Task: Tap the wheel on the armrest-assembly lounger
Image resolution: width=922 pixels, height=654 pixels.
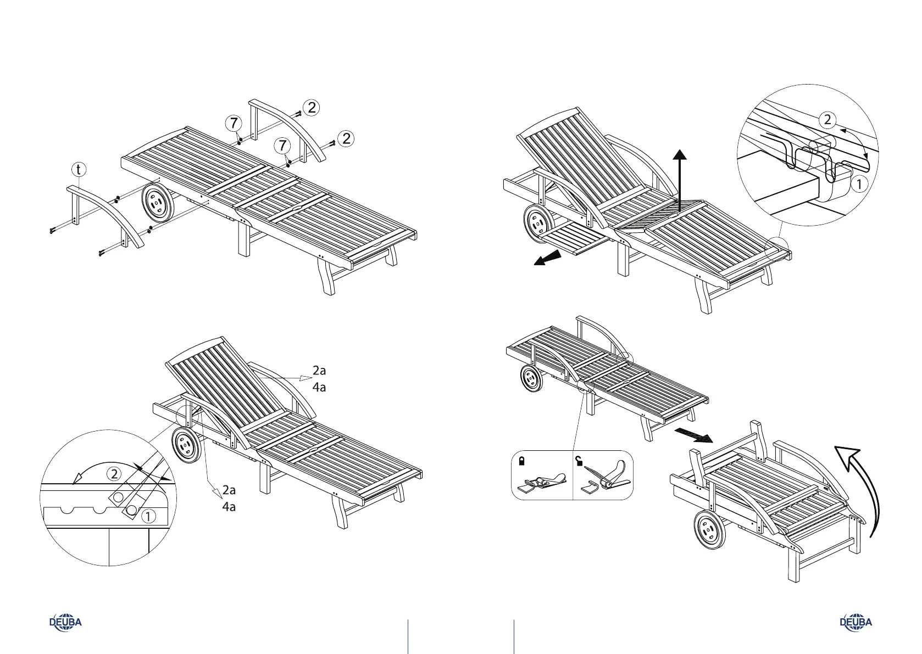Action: [x=158, y=204]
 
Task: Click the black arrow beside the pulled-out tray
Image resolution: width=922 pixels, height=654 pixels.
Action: [x=548, y=259]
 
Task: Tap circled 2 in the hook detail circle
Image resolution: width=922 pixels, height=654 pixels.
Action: [x=827, y=120]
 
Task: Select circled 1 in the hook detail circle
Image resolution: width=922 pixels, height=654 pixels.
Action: [x=859, y=185]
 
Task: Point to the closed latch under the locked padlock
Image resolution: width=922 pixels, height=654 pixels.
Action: [x=541, y=483]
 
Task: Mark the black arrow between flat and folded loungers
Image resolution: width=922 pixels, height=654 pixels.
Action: [x=693, y=435]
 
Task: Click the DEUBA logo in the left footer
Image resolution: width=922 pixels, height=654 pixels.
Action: [x=65, y=622]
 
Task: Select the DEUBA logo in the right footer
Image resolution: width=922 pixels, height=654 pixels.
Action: [x=856, y=622]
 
